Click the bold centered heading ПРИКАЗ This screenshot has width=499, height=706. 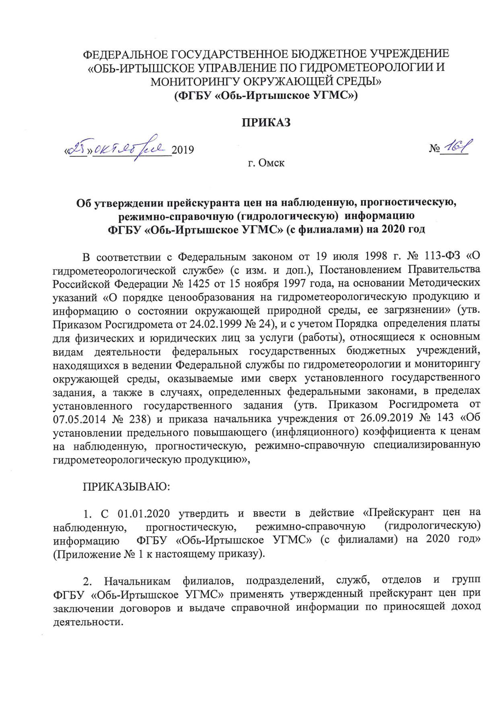pyautogui.click(x=266, y=123)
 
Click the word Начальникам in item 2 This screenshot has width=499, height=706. pyautogui.click(x=137, y=581)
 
